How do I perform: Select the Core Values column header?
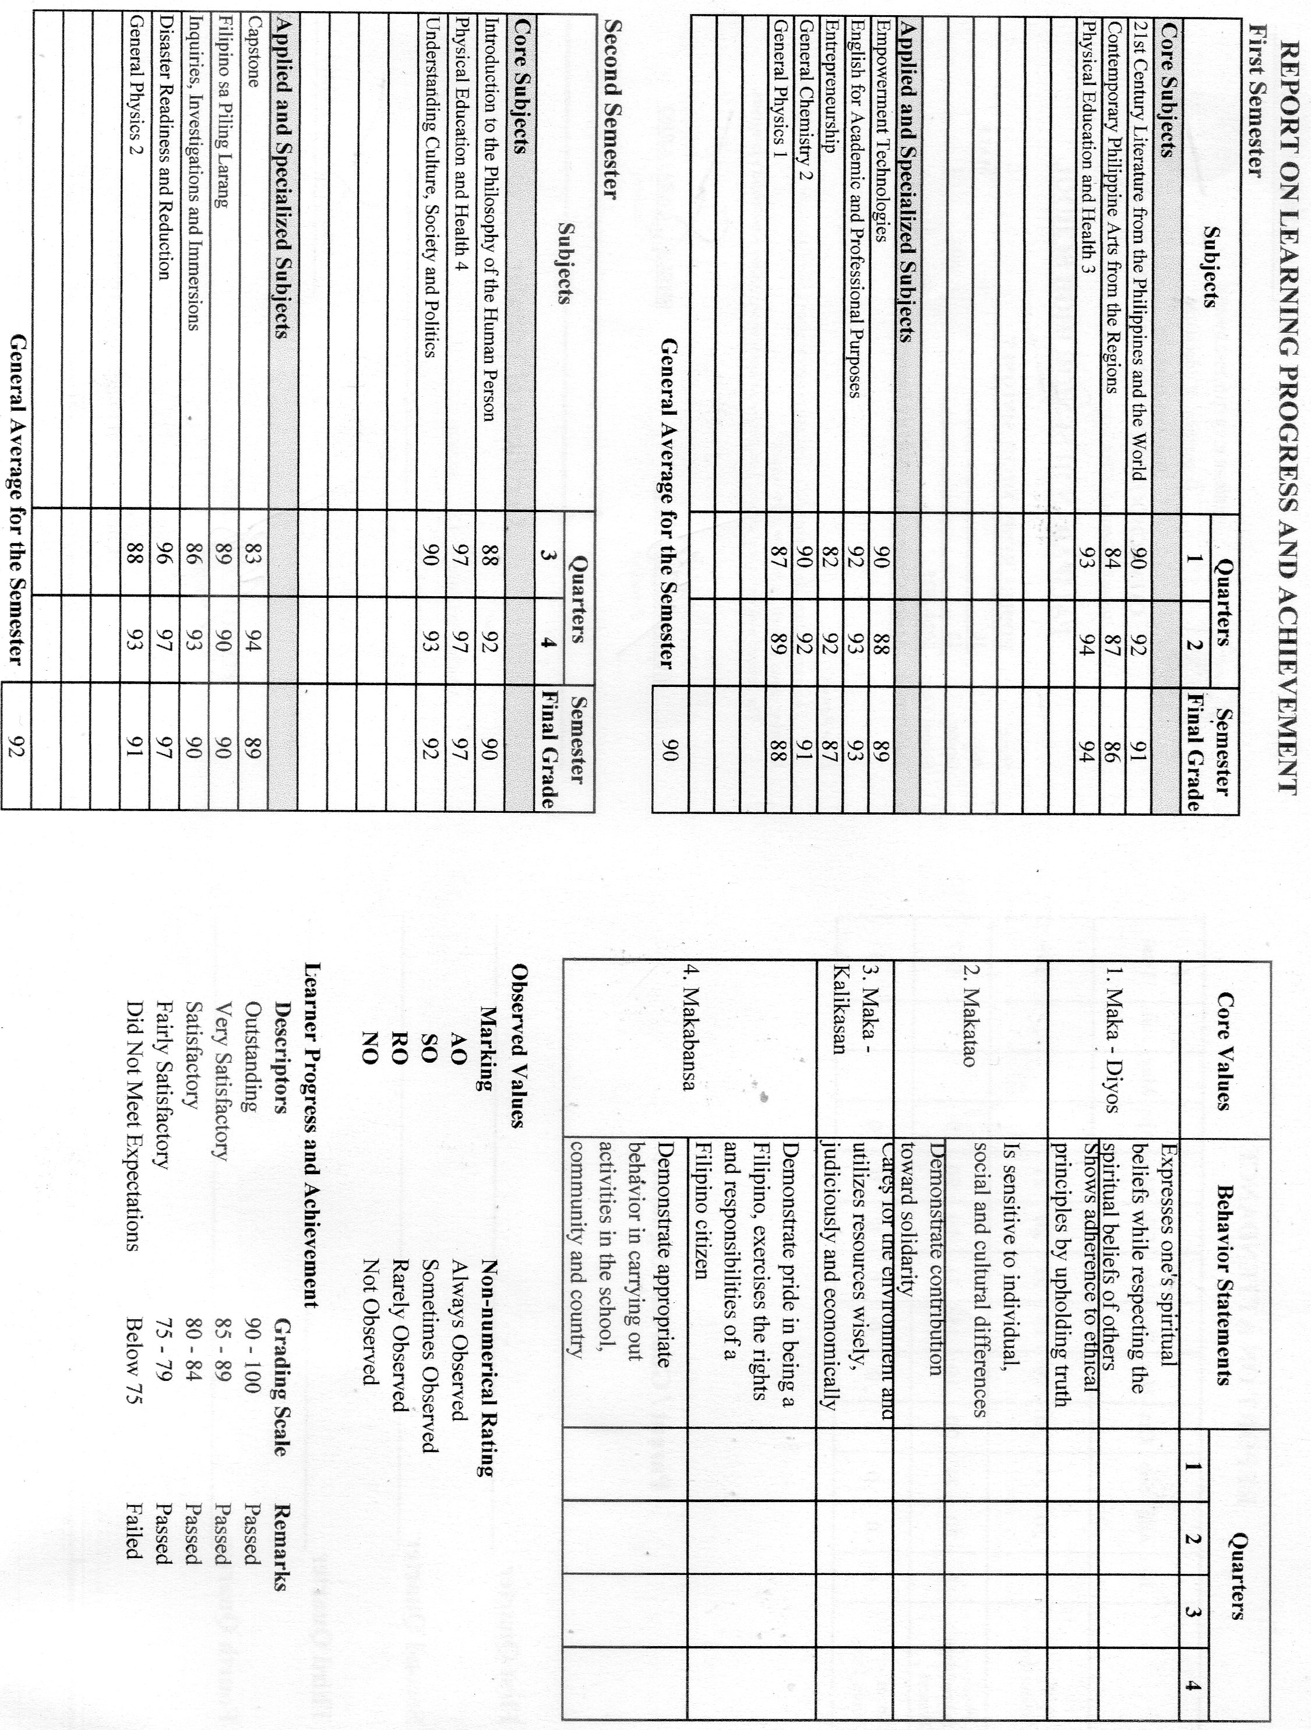click(1225, 1051)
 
